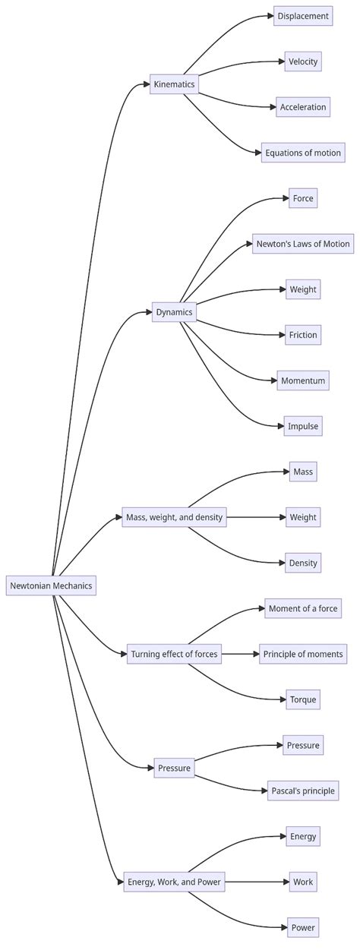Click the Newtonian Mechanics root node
coord(52,585)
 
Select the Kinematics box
coord(174,84)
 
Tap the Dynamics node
coord(174,312)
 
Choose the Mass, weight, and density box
coord(174,517)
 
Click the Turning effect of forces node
coord(174,654)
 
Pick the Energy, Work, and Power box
coord(174,882)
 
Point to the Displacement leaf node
coord(303,16)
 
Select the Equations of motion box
coord(303,153)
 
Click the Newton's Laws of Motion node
coord(303,244)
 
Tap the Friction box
coord(303,335)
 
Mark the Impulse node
coord(303,426)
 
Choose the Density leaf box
coord(303,563)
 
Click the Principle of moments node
coord(303,654)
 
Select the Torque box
coord(303,699)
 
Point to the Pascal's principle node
coord(303,791)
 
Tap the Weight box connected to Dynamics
coord(303,289)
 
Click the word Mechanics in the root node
coord(72,585)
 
